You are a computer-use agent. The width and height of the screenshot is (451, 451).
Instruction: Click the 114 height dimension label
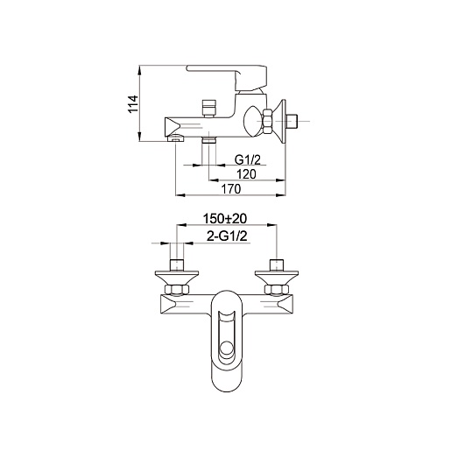(133, 104)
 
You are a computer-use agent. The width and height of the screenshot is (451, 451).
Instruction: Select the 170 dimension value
(231, 189)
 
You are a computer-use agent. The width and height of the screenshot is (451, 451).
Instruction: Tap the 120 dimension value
(246, 174)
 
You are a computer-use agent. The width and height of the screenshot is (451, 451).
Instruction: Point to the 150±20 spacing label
(225, 219)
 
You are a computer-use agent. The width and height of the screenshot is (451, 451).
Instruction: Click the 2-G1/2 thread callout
(227, 236)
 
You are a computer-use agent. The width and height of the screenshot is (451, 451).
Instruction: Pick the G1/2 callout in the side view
(248, 159)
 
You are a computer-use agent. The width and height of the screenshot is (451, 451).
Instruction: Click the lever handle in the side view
(227, 77)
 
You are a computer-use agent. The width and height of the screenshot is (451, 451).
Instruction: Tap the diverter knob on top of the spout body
(209, 109)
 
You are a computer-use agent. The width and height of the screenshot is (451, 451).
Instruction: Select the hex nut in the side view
(267, 121)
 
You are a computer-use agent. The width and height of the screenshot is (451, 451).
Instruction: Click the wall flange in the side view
(280, 121)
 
